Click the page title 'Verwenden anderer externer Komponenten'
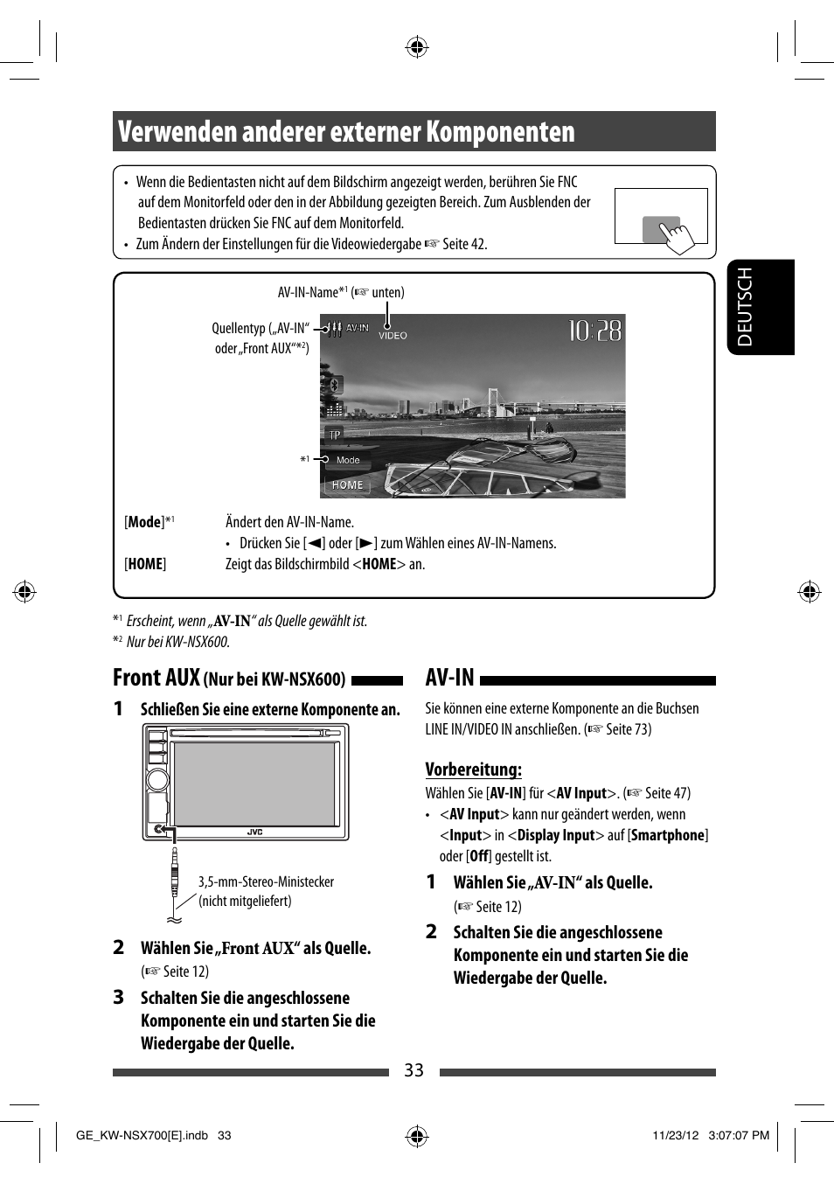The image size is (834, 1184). (x=346, y=132)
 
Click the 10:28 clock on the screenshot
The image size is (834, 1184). (x=594, y=331)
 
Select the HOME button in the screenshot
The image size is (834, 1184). (x=347, y=484)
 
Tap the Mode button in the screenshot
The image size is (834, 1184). (x=348, y=460)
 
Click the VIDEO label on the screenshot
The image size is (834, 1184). (x=393, y=336)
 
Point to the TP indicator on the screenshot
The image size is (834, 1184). (x=335, y=435)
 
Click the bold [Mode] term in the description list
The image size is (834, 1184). (x=145, y=522)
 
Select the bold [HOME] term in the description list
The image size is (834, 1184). (x=145, y=564)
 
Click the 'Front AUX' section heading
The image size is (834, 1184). (x=156, y=678)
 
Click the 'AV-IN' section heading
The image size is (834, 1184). (x=449, y=678)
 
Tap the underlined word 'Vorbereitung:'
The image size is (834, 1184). (x=473, y=770)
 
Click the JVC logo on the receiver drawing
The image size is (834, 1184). (x=254, y=832)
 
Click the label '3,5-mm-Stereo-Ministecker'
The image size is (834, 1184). (x=266, y=881)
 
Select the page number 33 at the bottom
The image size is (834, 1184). (x=414, y=1070)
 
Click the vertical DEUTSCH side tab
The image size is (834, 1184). (x=746, y=307)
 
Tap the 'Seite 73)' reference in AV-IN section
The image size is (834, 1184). (x=628, y=729)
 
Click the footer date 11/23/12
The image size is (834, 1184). (x=675, y=1135)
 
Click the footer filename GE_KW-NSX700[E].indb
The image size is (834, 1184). (x=142, y=1135)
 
